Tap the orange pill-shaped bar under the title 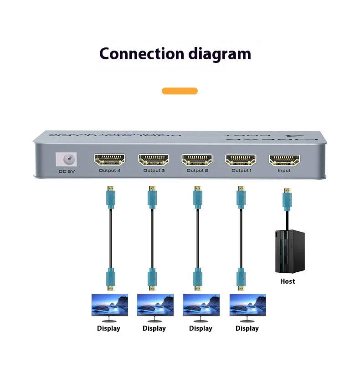tap(180, 91)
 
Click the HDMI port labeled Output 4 tap(110, 160)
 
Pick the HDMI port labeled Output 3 tap(154, 160)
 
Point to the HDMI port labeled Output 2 tap(197, 160)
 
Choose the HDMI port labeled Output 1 tap(240, 160)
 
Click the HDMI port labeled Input tap(284, 160)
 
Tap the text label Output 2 tap(197, 171)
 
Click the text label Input tap(284, 171)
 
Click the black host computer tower tap(289, 251)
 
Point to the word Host tap(288, 281)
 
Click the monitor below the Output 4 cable tap(110, 305)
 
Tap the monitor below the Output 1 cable tap(247, 305)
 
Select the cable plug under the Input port tap(287, 199)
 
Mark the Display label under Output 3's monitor tap(154, 328)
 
